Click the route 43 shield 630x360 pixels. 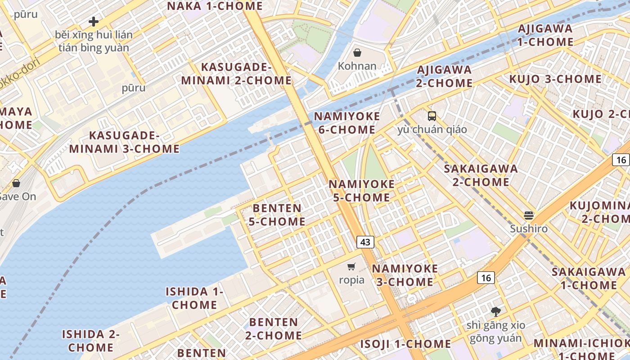click(365, 242)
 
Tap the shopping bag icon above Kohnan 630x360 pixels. click(357, 53)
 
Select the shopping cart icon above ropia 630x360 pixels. click(351, 266)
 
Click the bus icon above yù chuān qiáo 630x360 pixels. click(432, 116)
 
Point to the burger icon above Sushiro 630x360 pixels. click(529, 215)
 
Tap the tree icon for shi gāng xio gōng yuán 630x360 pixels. click(495, 311)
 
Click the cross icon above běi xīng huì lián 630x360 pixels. click(94, 21)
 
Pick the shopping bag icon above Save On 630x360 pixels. click(16, 183)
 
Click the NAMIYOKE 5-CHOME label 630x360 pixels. click(361, 191)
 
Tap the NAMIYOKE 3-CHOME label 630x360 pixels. click(405, 275)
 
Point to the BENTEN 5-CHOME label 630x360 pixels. click(277, 215)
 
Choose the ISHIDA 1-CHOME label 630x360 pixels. click(194, 298)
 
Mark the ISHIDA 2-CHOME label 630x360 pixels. click(91, 341)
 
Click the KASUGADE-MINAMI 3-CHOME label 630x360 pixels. click(124, 142)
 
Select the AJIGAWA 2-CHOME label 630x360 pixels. click(444, 76)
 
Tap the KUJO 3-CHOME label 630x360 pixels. click(555, 79)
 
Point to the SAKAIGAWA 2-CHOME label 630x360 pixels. click(481, 175)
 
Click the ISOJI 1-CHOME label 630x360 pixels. click(405, 344)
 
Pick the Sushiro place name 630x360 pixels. click(529, 229)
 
